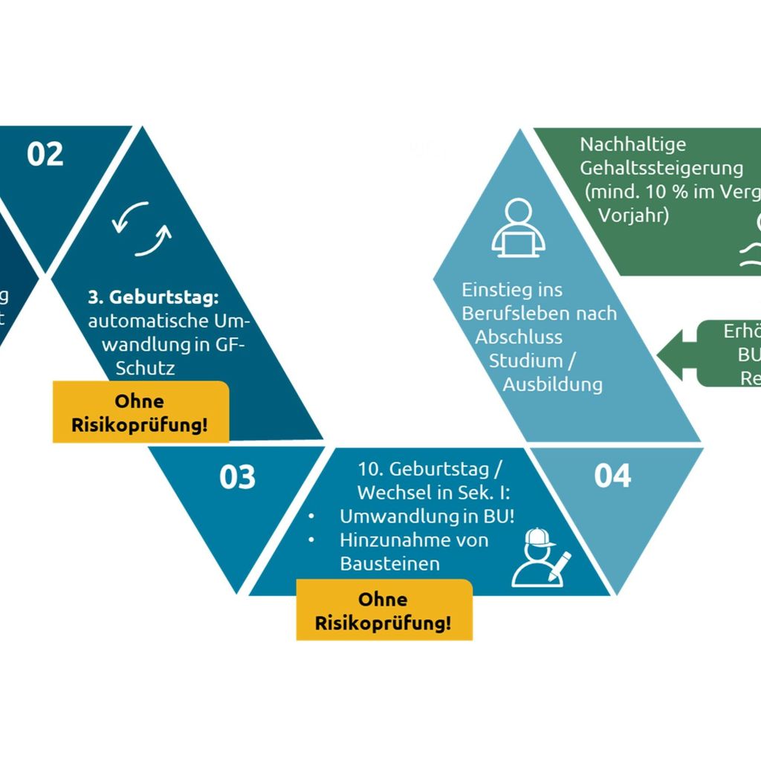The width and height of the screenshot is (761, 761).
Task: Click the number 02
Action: click(45, 154)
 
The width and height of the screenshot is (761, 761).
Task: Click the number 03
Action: click(237, 477)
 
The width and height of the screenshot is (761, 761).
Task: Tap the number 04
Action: click(612, 476)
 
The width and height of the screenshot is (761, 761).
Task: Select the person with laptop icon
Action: click(518, 229)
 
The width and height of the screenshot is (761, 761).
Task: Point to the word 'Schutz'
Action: click(146, 368)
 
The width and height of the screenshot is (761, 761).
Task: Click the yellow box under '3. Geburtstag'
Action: click(140, 412)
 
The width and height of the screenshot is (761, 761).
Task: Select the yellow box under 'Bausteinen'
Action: click(383, 610)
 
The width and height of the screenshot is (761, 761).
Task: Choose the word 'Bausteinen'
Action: click(389, 563)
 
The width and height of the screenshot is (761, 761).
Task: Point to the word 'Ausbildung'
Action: click(552, 384)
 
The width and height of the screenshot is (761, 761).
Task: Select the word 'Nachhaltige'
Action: click(632, 144)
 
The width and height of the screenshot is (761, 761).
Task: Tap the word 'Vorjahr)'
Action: click(634, 216)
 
